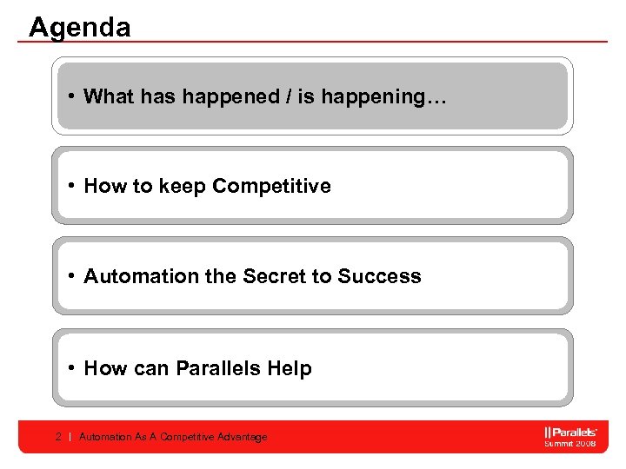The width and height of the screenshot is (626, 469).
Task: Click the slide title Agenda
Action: [79, 27]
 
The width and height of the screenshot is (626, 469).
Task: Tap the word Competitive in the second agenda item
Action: [271, 187]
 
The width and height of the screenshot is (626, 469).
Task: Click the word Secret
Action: [274, 277]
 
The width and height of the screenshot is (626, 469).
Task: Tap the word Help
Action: [290, 369]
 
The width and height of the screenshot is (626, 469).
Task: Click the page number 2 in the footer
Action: [57, 437]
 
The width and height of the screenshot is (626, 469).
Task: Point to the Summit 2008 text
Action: [570, 444]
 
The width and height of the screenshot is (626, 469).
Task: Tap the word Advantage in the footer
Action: [243, 437]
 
